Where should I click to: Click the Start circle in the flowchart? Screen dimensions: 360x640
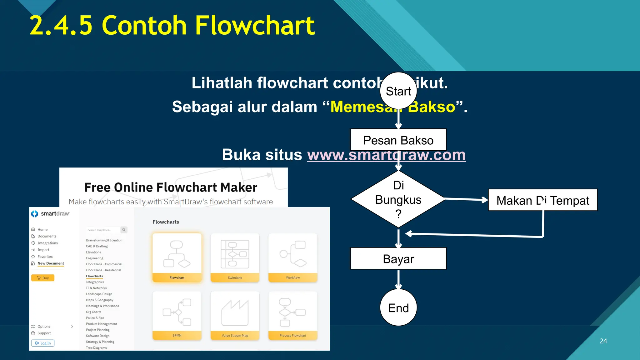pos(398,91)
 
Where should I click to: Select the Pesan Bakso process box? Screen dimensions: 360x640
pos(398,140)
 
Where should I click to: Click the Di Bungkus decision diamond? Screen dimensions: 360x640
pos(398,199)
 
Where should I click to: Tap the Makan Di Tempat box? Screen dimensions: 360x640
pos(542,200)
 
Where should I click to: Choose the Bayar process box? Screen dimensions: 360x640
pos(398,259)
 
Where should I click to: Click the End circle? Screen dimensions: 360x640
pos(398,308)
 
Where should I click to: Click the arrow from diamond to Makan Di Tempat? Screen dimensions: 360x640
pos(466,199)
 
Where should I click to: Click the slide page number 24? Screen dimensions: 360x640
pos(603,341)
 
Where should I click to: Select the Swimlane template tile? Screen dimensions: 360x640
pos(235,257)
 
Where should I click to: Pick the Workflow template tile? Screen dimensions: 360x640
pos(293,257)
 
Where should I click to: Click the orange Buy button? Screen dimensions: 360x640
pos(43,278)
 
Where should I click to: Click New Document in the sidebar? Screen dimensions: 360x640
pos(51,263)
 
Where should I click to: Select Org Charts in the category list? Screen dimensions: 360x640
pos(94,312)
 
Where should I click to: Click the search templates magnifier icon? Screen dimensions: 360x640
pos(124,230)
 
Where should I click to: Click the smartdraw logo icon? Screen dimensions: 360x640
pos(35,214)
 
